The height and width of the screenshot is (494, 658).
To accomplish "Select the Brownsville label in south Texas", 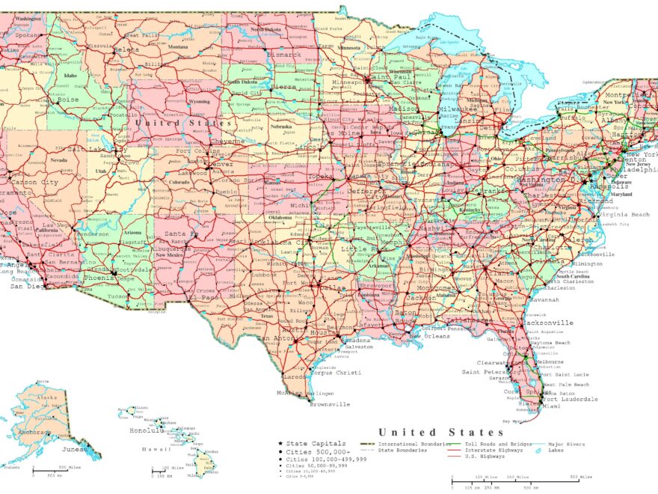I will [330, 404].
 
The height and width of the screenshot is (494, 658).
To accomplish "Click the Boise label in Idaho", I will [67, 100].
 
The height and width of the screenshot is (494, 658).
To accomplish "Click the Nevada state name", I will [58, 159].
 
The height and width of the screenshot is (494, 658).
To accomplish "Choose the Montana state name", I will [178, 46].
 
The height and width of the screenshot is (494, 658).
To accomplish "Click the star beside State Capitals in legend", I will [280, 444].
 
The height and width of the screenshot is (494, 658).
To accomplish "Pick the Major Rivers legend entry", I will [565, 444].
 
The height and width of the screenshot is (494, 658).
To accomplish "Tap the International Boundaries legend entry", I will [405, 444].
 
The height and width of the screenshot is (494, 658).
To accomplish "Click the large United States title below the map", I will [441, 432].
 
